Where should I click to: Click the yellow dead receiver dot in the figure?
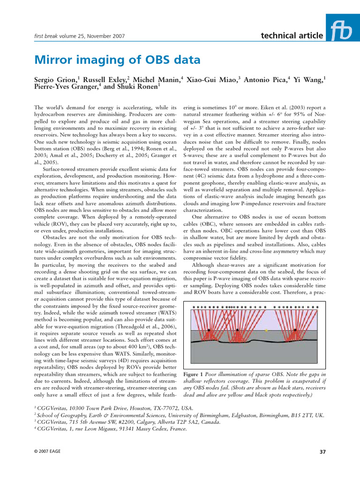266,330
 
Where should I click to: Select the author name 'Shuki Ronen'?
139,86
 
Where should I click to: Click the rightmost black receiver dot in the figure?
295,330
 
